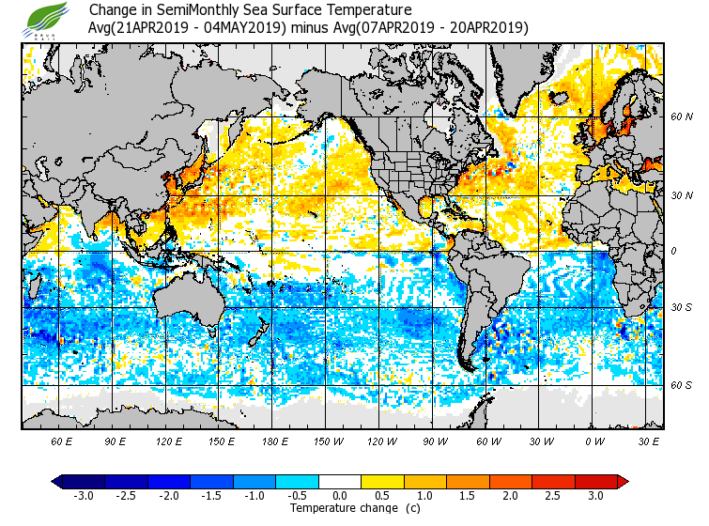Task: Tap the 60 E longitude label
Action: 62,440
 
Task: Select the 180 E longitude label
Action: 275,440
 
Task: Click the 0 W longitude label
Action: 594,440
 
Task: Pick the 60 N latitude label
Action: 682,117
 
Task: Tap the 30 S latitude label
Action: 682,307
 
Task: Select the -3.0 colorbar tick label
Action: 83,495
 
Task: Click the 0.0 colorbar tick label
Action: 340,495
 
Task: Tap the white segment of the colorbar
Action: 340,481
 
